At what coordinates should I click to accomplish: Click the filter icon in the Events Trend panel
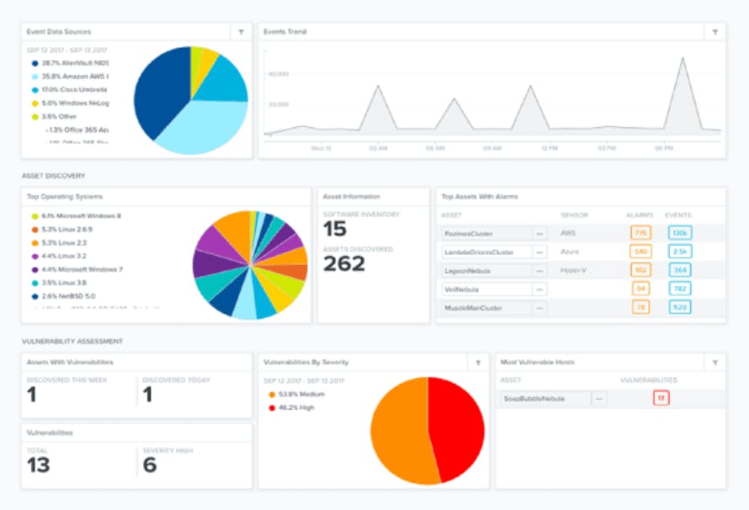(x=714, y=32)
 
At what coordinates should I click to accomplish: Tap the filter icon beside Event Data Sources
(x=242, y=32)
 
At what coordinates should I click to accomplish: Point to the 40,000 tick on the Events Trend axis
(x=278, y=74)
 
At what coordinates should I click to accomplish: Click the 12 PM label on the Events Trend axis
(x=549, y=148)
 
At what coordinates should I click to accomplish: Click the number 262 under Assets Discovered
(x=344, y=263)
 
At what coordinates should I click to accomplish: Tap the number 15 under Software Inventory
(x=335, y=230)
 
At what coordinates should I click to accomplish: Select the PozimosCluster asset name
(x=470, y=233)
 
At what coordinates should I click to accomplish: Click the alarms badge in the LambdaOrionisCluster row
(x=640, y=252)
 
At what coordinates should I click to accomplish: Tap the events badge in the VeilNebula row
(x=679, y=290)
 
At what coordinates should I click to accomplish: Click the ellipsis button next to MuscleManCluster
(x=539, y=309)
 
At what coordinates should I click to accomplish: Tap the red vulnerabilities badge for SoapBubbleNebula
(x=661, y=398)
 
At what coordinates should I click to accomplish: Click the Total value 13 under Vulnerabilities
(x=39, y=465)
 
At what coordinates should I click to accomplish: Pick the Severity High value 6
(x=150, y=465)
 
